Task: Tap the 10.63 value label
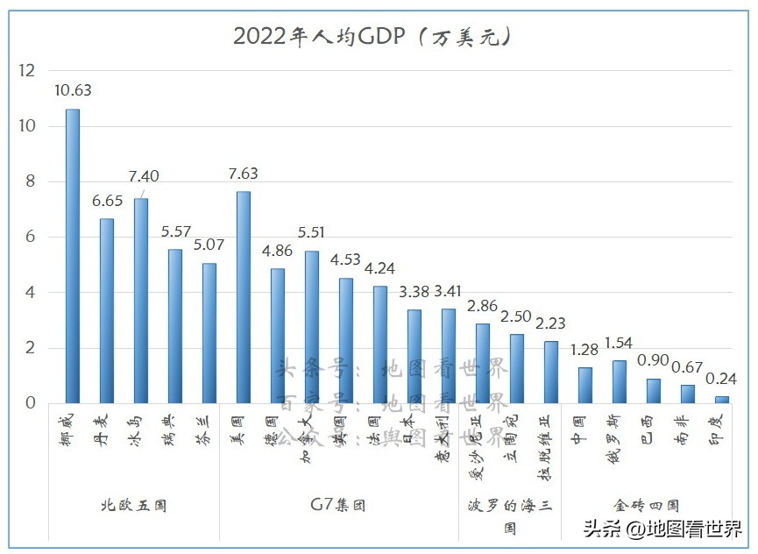point(73,89)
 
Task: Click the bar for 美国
point(244,297)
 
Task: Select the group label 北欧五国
point(133,506)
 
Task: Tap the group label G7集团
point(338,506)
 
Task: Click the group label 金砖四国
point(646,506)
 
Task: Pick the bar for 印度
point(722,400)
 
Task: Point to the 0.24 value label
point(722,379)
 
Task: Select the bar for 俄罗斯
point(620,381)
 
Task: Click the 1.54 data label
point(618,343)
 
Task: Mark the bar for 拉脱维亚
point(551,372)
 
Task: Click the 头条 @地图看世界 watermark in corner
point(662,529)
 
